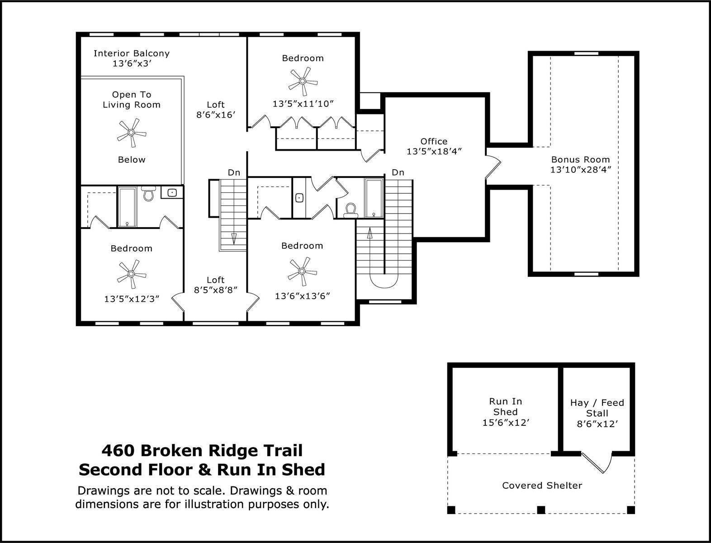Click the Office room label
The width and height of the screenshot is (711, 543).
434,141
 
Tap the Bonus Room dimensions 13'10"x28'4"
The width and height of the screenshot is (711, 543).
580,169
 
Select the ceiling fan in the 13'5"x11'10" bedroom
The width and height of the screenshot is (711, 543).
303,81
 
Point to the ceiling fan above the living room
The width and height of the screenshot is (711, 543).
131,133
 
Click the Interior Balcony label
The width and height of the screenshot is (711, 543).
132,53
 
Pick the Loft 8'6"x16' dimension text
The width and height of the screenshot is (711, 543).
216,114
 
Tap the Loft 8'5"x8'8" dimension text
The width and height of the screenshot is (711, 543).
216,290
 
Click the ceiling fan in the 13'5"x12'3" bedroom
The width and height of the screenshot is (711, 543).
131,274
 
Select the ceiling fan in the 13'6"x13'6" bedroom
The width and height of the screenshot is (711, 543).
302,271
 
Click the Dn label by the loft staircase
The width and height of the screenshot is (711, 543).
234,172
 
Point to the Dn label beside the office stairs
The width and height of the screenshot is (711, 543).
398,172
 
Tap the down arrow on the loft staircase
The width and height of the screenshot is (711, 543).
234,238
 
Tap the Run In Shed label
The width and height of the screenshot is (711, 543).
505,407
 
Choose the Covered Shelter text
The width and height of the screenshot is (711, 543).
542,486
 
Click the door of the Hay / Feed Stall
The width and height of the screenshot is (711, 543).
593,463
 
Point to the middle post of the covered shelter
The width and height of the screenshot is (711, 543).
541,510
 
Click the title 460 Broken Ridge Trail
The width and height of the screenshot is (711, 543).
202,450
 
